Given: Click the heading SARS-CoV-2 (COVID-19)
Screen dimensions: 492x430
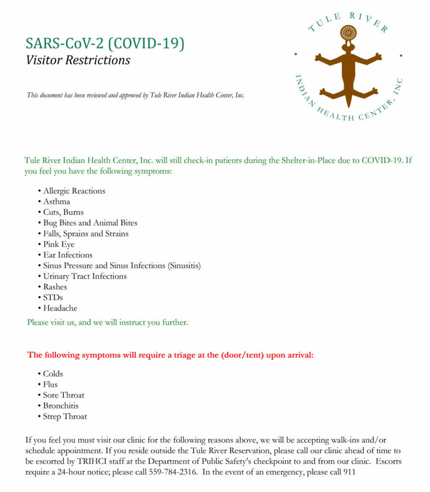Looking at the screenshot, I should [x=105, y=43].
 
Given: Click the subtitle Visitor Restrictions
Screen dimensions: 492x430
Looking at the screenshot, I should [x=78, y=60].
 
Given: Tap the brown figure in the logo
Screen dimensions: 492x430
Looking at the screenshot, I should [x=348, y=72].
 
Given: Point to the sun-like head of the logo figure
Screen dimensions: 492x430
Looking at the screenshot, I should [x=348, y=33].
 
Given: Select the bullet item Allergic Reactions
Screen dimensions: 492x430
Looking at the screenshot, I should [x=74, y=191].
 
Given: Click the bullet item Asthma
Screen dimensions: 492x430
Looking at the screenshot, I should [x=57, y=201].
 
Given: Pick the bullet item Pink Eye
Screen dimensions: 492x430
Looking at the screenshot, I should [x=59, y=244].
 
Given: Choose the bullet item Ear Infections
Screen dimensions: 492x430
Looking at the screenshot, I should [x=68, y=255].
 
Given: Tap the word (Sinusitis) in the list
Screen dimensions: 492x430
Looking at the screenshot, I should [x=184, y=265].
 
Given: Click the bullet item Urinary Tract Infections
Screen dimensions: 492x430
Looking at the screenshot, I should [x=85, y=276].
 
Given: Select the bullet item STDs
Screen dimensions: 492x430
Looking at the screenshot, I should [x=53, y=297].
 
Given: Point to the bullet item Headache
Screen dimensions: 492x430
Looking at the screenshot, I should [x=60, y=308].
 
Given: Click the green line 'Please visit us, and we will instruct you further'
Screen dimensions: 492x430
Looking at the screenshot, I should [x=108, y=322].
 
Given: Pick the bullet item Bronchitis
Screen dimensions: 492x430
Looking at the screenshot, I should [x=61, y=406].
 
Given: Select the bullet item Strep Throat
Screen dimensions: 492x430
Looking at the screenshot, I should [x=65, y=417].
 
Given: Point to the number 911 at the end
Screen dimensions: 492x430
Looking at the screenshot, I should [x=349, y=472].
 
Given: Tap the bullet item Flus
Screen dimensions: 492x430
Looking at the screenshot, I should [x=50, y=384].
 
